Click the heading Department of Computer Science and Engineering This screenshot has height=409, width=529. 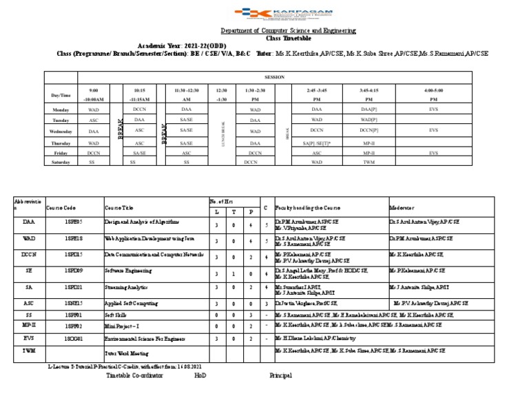[x=288, y=31]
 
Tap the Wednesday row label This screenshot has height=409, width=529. [x=61, y=131]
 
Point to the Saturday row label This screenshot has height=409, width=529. [x=61, y=162]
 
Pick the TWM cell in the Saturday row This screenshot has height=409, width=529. [x=369, y=162]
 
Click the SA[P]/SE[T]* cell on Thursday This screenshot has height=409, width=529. [x=317, y=143]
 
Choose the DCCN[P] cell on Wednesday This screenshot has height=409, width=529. [x=369, y=130]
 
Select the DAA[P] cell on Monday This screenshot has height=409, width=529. [x=369, y=109]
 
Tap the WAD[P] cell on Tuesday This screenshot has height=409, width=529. [x=369, y=120]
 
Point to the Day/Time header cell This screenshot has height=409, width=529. [x=61, y=95]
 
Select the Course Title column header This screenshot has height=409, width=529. [x=119, y=207]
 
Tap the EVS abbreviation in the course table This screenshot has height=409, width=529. [x=28, y=339]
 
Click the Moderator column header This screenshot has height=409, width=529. [x=402, y=207]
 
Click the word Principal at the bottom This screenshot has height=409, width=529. [x=280, y=375]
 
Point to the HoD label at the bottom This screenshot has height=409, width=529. [x=200, y=375]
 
